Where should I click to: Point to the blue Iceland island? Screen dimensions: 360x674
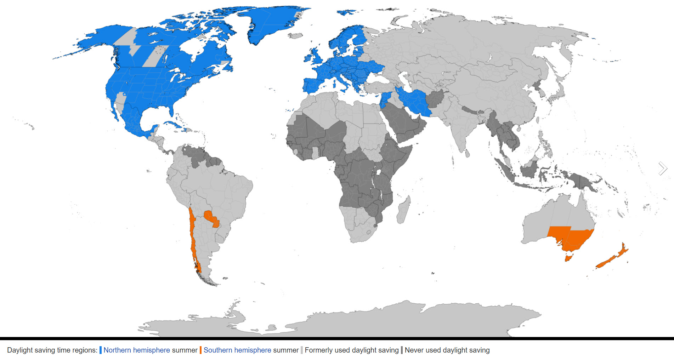point(346,12)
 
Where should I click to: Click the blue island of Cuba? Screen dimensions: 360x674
point(174,125)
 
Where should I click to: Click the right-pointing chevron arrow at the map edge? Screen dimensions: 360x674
point(662,168)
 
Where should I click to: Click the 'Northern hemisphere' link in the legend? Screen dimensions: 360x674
point(137,350)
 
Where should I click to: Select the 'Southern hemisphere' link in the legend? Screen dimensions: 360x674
point(237,350)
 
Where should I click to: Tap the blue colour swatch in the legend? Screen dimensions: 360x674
point(101,350)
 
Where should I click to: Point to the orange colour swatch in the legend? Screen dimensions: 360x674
point(200,350)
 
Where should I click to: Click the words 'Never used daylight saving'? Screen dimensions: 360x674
point(447,350)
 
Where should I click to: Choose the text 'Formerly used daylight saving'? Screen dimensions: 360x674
point(351,350)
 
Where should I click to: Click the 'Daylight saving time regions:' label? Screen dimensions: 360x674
point(52,350)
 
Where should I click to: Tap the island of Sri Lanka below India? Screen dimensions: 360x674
point(468,153)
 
